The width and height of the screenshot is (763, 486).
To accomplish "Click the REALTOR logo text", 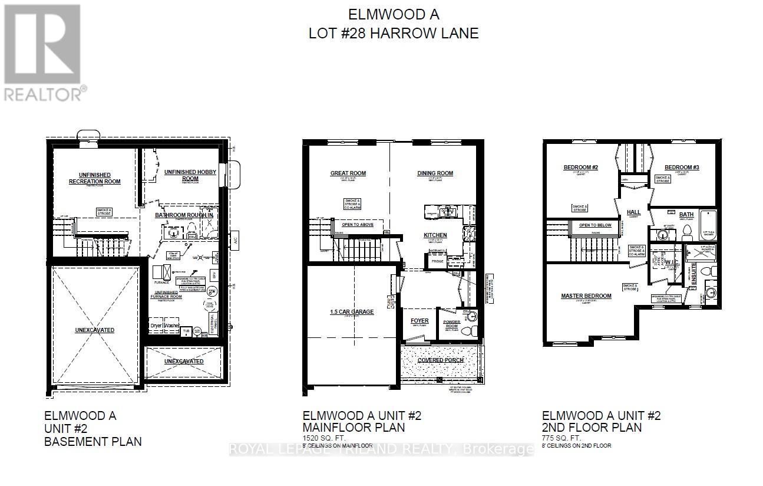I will (x=44, y=93).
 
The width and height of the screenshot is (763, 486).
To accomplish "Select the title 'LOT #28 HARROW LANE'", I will (x=394, y=33).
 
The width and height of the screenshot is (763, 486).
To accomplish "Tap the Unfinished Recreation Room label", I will (x=94, y=178).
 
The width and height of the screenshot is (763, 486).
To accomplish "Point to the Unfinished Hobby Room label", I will (x=190, y=175).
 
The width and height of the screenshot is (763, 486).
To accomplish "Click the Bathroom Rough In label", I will (x=184, y=215).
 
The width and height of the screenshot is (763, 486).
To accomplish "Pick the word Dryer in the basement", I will (x=156, y=325).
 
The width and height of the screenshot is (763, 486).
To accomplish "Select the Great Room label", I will (x=348, y=173).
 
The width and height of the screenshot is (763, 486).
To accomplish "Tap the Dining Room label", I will (x=435, y=173).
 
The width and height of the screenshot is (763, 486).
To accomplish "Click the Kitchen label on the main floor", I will (x=435, y=235).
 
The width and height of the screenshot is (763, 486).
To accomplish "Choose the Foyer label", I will (x=419, y=321).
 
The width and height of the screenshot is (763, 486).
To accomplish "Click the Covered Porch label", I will (x=440, y=360).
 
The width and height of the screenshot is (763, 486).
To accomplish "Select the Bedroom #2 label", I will (x=580, y=168).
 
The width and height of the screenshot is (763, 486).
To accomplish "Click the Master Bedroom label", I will (x=586, y=296).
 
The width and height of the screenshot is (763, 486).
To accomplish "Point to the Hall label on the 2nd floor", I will (x=633, y=212).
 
